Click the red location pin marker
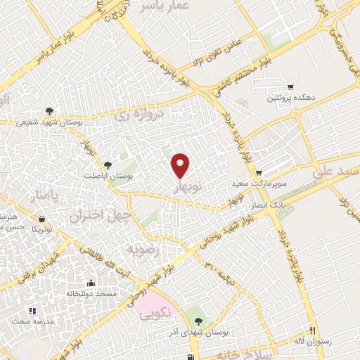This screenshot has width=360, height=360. pyautogui.click(x=181, y=165)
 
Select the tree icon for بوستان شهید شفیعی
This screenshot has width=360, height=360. pyautogui.click(x=49, y=111)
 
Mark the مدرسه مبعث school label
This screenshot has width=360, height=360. pyautogui.click(x=28, y=320)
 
